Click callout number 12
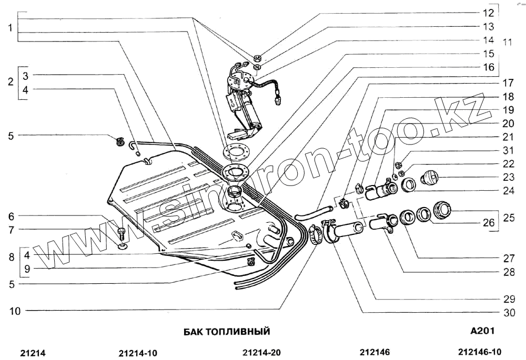click(x=489, y=12)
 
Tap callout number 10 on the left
click(x=15, y=311)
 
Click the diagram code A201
click(x=482, y=331)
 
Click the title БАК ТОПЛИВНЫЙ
click(x=227, y=332)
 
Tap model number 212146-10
click(x=480, y=353)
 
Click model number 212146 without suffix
click(x=375, y=353)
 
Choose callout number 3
click(x=25, y=74)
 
